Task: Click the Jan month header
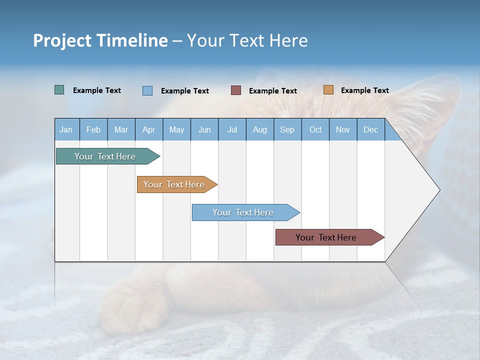click(66, 129)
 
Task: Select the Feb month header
click(93, 129)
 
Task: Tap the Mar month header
click(121, 129)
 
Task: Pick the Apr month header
click(149, 129)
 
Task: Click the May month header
click(176, 129)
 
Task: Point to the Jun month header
click(204, 129)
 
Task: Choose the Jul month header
click(232, 129)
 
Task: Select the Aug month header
click(260, 129)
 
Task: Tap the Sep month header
click(287, 129)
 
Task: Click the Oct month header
click(315, 129)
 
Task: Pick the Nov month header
click(343, 129)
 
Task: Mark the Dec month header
click(371, 129)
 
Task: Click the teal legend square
click(59, 90)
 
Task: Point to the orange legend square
click(328, 90)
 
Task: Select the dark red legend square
click(236, 90)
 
